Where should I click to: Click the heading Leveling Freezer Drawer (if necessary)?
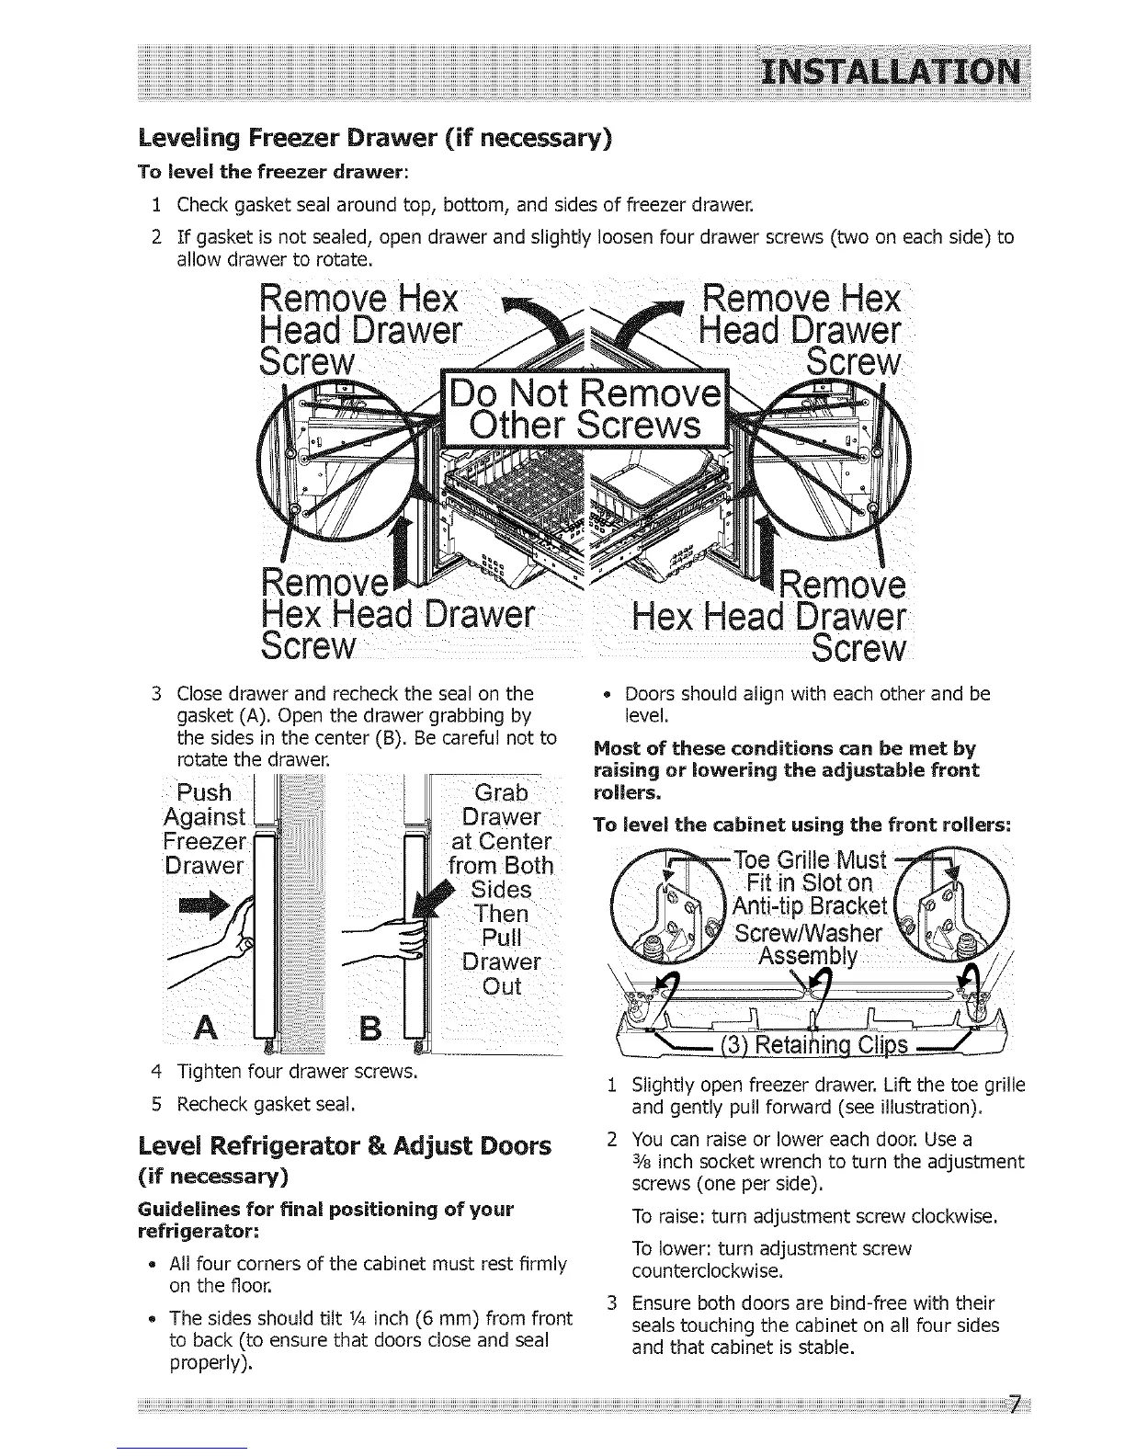point(374,139)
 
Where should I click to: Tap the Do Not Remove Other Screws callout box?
point(584,410)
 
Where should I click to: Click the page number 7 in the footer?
point(1014,1405)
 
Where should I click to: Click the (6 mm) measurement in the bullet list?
point(455,1318)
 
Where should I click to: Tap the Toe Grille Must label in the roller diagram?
point(809,861)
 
